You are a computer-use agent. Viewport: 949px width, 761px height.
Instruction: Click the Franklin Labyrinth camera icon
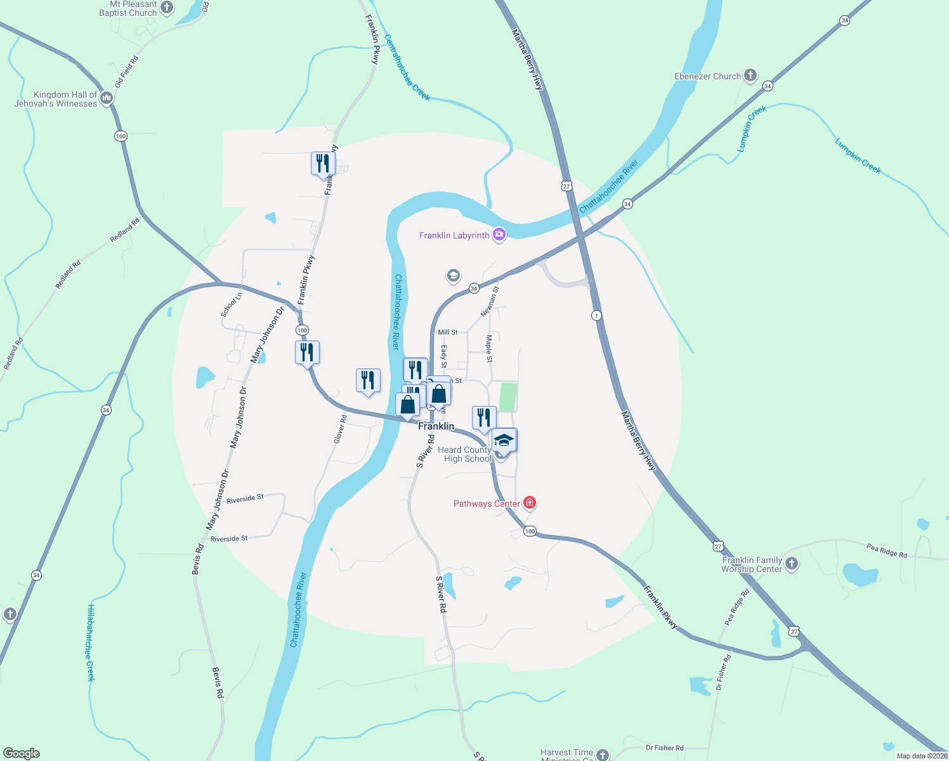(x=499, y=235)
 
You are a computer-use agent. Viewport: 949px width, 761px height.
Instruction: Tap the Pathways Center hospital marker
(x=530, y=504)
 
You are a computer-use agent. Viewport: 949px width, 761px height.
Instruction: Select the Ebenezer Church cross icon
(x=750, y=76)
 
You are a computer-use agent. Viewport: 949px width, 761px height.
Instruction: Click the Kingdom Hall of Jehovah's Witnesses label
(x=56, y=99)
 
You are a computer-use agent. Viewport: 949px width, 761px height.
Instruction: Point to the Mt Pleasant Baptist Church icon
(x=167, y=8)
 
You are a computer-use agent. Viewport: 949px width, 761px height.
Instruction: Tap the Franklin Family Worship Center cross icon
(x=792, y=564)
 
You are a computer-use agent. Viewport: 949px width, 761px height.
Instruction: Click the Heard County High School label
(x=464, y=454)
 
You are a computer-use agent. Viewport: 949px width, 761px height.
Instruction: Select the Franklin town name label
(x=436, y=426)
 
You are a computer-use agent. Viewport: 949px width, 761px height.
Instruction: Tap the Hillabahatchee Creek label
(x=91, y=642)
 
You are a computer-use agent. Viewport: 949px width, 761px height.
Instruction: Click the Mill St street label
(x=447, y=332)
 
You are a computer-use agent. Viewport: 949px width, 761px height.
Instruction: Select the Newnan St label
(x=490, y=301)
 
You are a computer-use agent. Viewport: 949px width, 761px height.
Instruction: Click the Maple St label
(x=489, y=349)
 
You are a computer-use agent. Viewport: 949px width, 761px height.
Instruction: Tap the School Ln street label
(x=232, y=304)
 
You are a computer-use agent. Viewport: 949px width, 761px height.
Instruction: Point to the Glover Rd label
(x=341, y=429)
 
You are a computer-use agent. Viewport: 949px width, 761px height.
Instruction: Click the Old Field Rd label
(x=126, y=72)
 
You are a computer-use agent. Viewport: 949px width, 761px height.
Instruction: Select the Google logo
(x=22, y=753)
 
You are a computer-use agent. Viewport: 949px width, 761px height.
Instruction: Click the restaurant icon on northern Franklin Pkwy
(x=323, y=164)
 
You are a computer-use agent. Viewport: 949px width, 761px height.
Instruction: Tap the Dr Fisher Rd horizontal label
(x=664, y=748)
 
